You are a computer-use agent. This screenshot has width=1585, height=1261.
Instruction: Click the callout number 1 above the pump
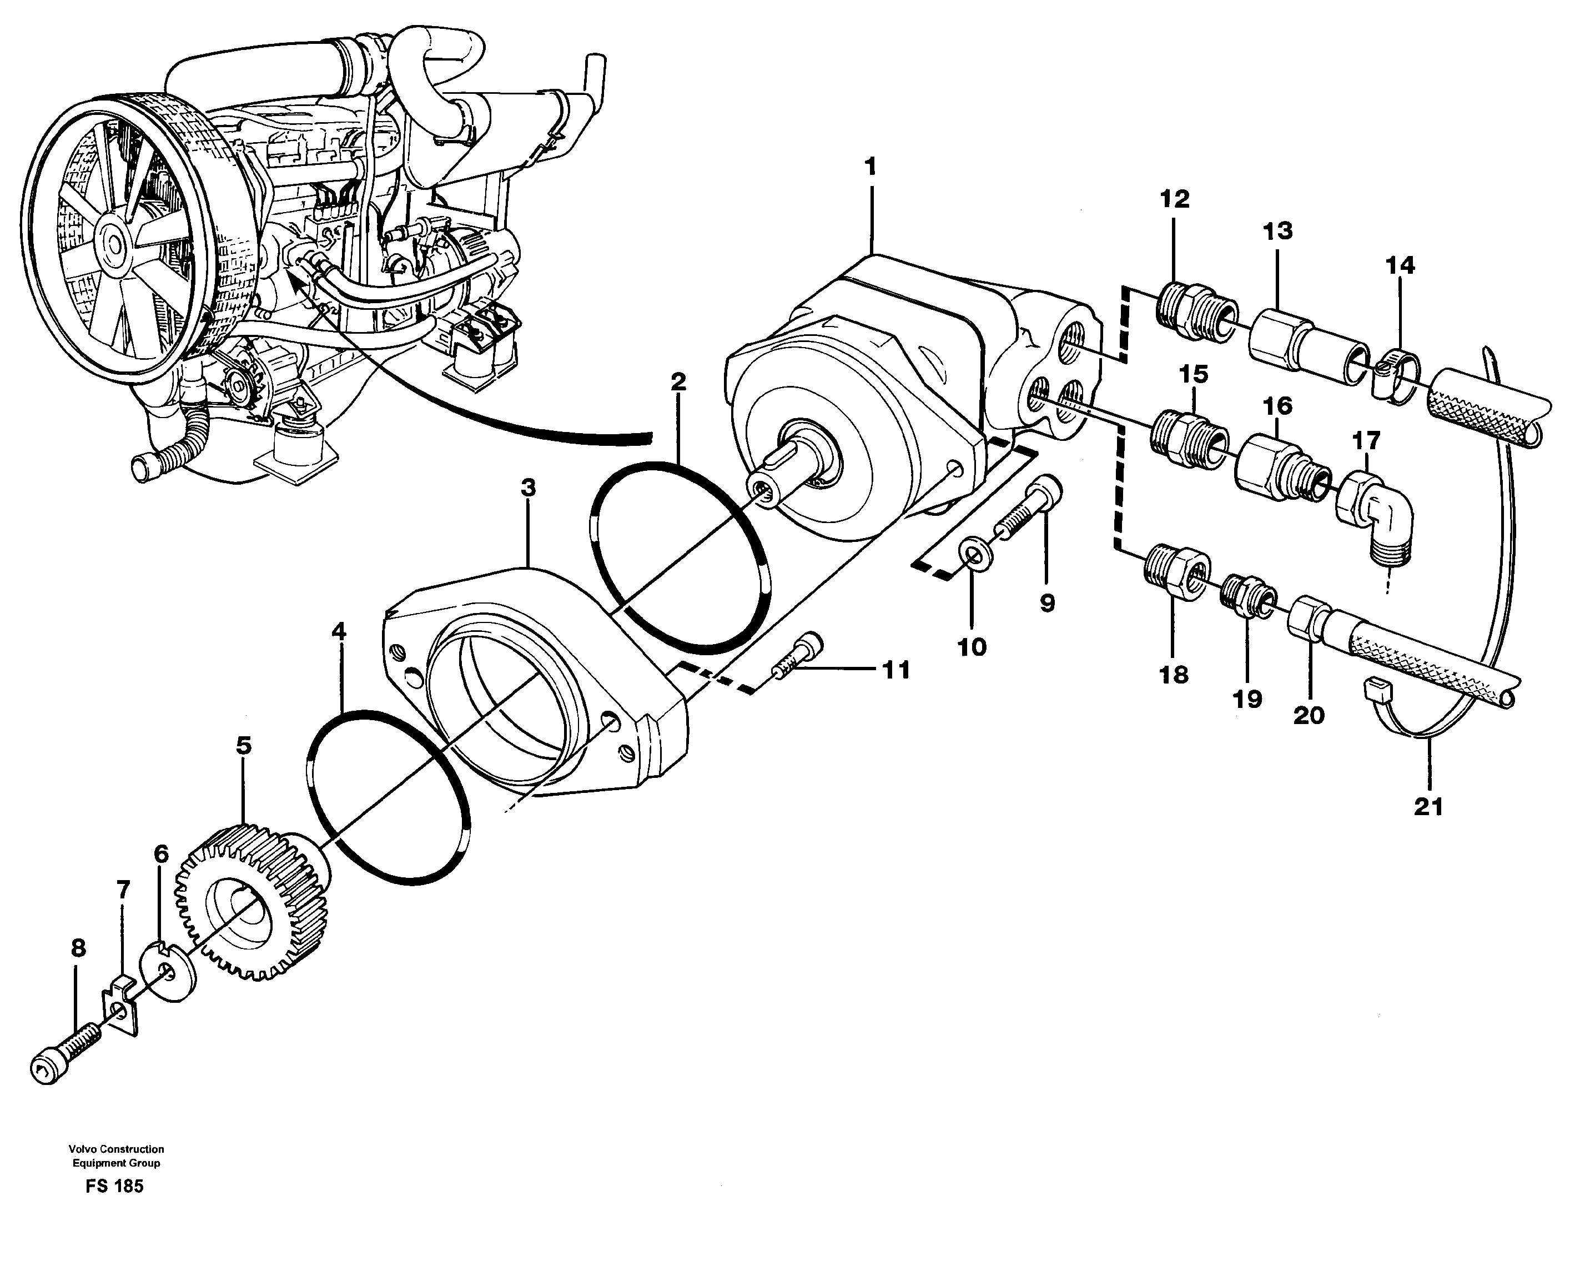pos(871,168)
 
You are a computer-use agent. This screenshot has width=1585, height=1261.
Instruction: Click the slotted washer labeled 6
pos(175,971)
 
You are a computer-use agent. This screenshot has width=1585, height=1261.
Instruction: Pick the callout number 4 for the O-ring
pos(339,631)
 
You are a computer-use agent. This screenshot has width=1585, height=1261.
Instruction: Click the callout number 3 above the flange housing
pos(528,488)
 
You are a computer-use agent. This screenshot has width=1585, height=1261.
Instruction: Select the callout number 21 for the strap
pos(1428,807)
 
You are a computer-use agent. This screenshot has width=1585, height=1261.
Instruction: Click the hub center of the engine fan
pos(114,243)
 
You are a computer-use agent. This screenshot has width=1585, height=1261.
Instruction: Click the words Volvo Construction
pos(116,1148)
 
